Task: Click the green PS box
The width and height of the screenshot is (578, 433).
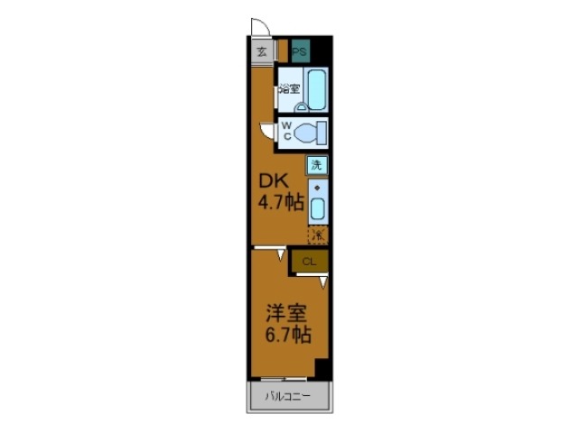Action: pos(299,51)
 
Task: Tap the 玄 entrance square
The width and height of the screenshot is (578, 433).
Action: pos(261,51)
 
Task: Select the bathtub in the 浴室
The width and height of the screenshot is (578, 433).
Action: pos(316,89)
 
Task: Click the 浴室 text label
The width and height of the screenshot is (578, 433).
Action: pos(288,88)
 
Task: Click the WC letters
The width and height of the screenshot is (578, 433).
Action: pos(285,131)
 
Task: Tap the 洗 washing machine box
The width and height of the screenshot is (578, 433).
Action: pos(316,165)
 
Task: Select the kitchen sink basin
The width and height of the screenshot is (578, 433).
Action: pos(317,210)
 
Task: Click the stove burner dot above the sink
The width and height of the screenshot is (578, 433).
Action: pos(317,189)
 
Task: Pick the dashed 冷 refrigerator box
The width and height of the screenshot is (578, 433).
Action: pos(317,235)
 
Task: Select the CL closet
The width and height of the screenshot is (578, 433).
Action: pos(309,262)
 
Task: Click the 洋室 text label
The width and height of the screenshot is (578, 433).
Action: pos(286,315)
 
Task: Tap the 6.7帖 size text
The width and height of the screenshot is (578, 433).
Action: pos(287,336)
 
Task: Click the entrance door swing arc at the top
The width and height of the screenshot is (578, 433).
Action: pos(258,29)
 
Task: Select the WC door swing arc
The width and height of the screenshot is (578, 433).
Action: pos(266,132)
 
